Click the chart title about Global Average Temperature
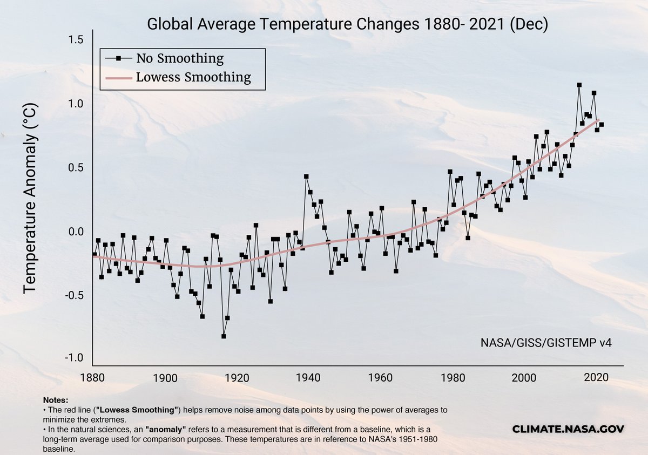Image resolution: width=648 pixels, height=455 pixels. (348, 24)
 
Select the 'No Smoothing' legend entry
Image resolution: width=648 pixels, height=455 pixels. (179, 58)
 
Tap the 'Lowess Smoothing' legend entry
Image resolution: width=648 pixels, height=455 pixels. (193, 77)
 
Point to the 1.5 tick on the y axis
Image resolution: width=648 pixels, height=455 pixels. (76, 40)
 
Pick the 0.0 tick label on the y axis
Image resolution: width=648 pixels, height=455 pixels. (76, 232)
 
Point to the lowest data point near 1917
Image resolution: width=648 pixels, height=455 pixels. (224, 336)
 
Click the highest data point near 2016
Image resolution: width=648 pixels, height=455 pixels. (579, 85)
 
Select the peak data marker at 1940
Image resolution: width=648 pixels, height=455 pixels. (306, 176)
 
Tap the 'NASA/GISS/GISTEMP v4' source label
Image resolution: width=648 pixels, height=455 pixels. (546, 342)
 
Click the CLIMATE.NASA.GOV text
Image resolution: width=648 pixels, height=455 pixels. (568, 429)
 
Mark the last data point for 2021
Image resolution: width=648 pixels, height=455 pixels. (601, 125)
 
